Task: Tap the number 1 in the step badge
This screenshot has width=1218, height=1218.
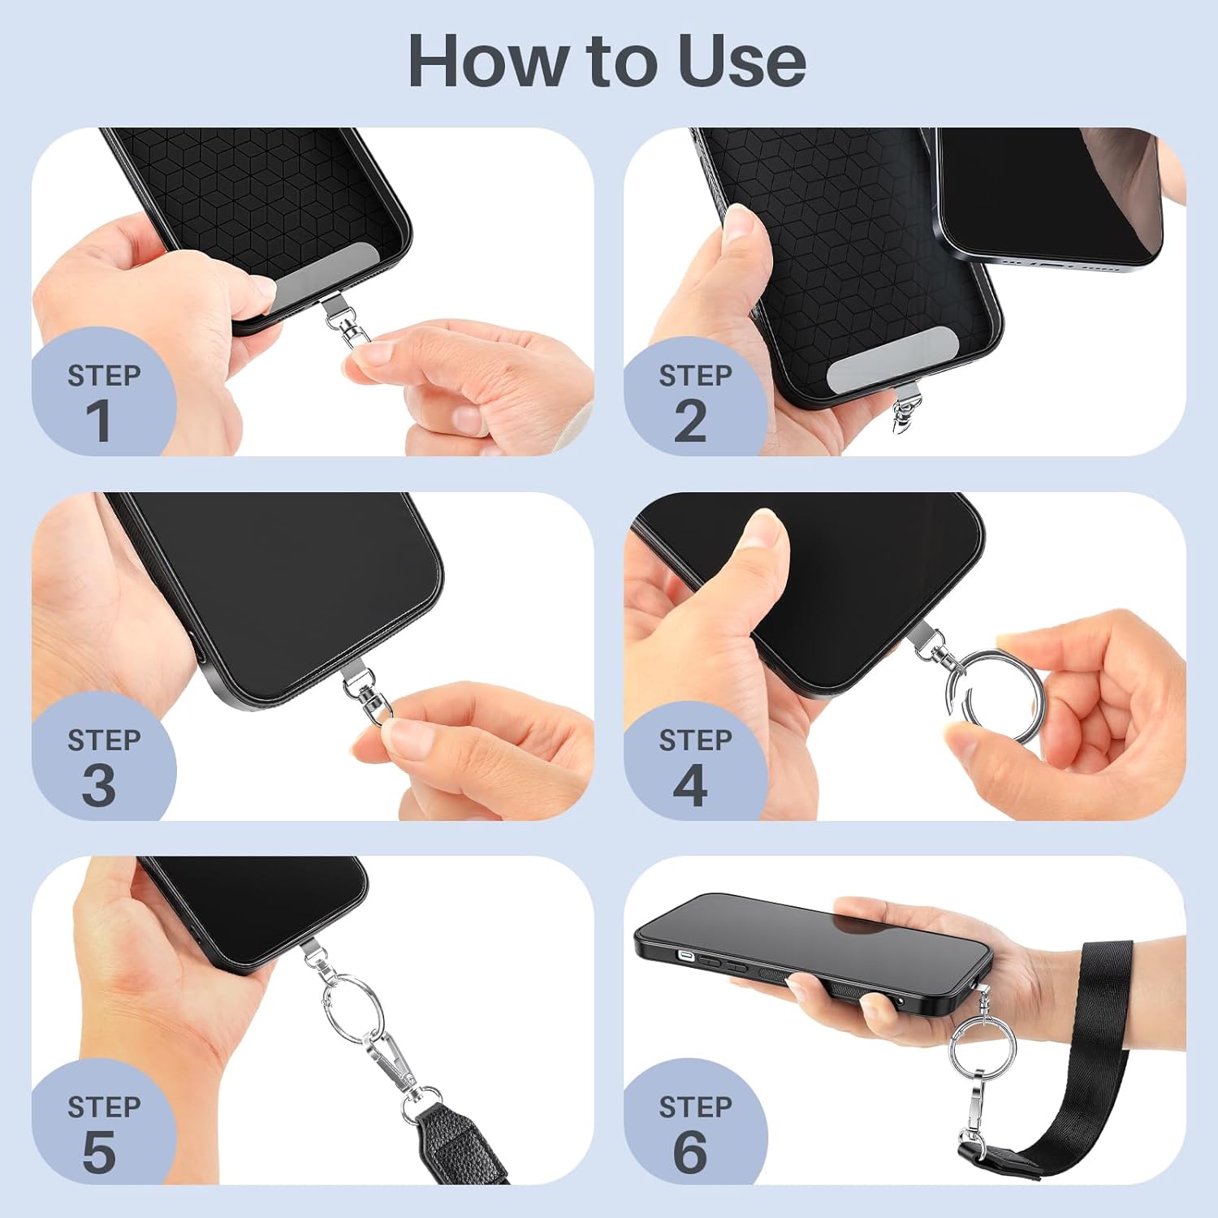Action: (99, 421)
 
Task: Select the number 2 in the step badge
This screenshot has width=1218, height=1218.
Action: (690, 421)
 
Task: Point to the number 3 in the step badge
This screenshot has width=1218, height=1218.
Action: (99, 785)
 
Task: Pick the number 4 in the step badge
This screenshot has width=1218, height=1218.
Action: (690, 785)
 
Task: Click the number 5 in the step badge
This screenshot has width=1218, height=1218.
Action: (99, 1151)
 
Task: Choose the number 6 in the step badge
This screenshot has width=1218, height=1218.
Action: (690, 1151)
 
